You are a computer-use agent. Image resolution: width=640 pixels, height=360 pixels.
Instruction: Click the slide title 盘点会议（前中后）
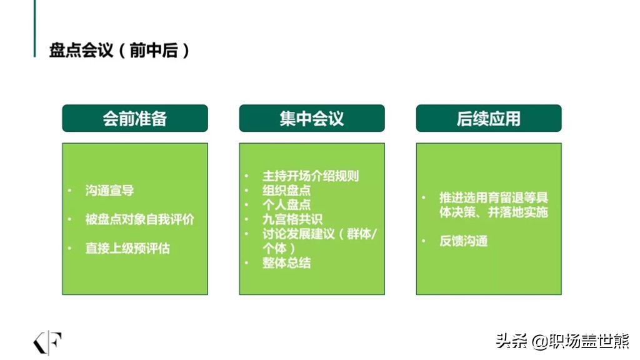pos(119,50)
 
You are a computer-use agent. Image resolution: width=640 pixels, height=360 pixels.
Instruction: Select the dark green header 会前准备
pos(135,118)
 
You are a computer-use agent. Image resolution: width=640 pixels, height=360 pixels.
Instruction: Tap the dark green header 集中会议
pos(312,118)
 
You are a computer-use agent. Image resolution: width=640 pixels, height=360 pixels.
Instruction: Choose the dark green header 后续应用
pos(489,118)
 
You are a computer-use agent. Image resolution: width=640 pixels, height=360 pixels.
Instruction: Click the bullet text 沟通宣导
pos(109,190)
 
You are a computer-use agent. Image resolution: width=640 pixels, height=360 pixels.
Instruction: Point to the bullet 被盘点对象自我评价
pos(139,219)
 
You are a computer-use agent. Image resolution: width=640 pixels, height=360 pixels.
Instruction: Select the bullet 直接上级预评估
pos(127,248)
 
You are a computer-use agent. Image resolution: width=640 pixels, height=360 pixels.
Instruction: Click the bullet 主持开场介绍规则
pos(311,176)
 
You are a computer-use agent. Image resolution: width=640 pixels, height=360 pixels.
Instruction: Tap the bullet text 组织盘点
pos(286,190)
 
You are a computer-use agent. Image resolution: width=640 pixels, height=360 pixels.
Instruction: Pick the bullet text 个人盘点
pos(286,204)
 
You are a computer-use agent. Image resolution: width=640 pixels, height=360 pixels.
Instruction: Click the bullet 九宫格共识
pos(292,219)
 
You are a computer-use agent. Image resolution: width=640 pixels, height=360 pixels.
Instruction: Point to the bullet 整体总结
pos(286,262)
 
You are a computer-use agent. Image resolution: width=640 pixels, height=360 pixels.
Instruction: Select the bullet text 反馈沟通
pos(463,241)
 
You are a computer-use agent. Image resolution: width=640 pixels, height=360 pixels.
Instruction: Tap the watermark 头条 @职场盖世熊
pos(562,341)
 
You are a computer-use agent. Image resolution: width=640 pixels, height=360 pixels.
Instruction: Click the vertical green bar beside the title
pos(35,29)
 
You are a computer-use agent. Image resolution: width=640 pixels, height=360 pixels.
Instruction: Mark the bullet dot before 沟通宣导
pos(70,190)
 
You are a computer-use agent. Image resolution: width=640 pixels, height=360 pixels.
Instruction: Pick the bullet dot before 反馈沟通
pos(424,241)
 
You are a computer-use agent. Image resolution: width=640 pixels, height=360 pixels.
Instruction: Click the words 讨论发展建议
pos(298,234)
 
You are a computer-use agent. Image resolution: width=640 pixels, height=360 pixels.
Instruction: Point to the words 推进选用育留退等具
pos(494,197)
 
